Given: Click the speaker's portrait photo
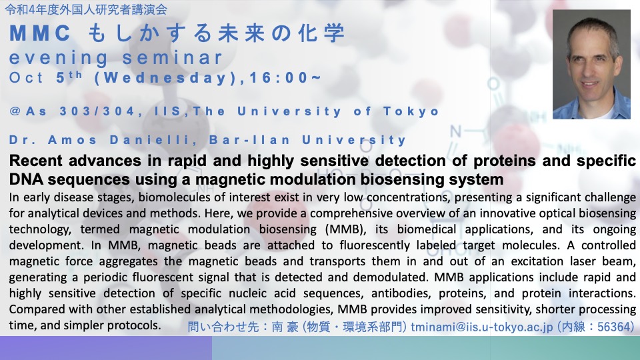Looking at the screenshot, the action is click(591, 64).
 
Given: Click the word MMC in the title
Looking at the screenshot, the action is click(40, 33).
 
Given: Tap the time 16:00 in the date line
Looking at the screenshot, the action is click(279, 77).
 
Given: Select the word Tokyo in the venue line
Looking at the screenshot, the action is click(411, 111).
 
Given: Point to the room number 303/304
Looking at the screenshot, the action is click(97, 111).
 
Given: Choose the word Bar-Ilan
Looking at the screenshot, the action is click(249, 140).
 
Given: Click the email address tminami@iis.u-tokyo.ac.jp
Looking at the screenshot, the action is click(481, 327).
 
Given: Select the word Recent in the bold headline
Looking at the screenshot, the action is click(35, 161).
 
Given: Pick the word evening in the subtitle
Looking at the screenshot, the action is click(59, 58).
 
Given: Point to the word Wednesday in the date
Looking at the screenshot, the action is click(165, 77).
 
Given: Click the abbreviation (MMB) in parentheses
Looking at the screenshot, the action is click(345, 229).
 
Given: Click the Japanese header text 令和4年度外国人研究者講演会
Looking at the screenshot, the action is click(86, 9).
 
